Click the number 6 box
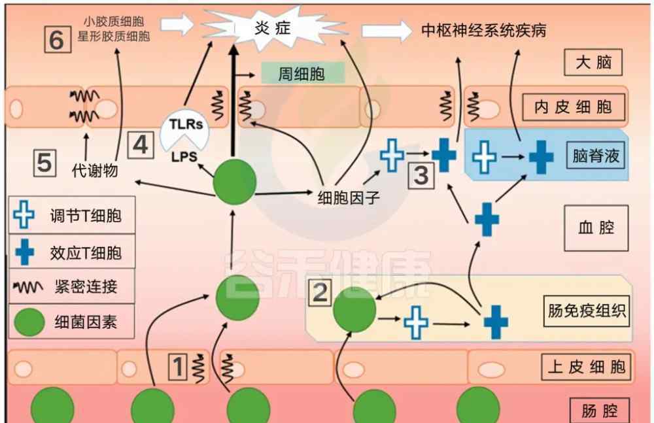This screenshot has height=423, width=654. tap(58, 40)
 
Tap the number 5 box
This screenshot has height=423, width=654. tap(44, 162)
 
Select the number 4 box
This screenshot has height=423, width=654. tap(141, 144)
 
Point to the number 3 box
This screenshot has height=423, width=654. tap(421, 176)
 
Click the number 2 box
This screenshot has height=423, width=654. tap(320, 292)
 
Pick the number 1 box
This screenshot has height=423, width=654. tap(178, 367)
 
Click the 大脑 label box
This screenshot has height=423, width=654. tap(593, 62)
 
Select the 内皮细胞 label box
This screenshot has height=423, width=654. tap(574, 107)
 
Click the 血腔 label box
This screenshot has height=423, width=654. tap(596, 228)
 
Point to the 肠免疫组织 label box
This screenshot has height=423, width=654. tap(587, 311)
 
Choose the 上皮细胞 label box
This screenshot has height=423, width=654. tap(586, 367)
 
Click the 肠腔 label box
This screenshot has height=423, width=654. tap(599, 411)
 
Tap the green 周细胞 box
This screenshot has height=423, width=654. tap(303, 73)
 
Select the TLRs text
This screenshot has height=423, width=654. tap(186, 124)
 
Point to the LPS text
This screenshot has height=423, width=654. tap(184, 157)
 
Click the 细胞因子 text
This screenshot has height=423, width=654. tap(349, 197)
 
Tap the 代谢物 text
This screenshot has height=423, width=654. tap(95, 170)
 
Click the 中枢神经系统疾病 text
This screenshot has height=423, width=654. tap(484, 31)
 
